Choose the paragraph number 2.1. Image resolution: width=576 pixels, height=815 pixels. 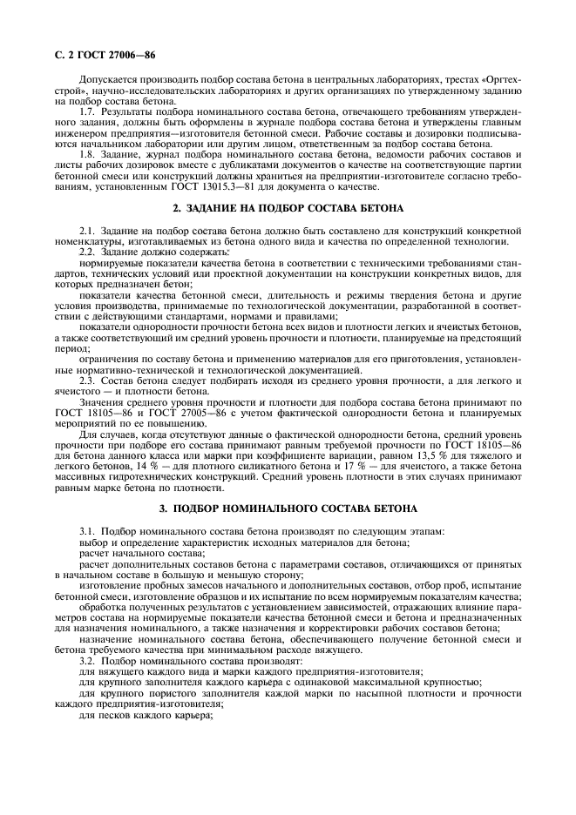point(87,230)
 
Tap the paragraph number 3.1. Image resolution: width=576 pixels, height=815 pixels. point(87,530)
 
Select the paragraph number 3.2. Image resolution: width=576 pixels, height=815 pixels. point(87,662)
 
